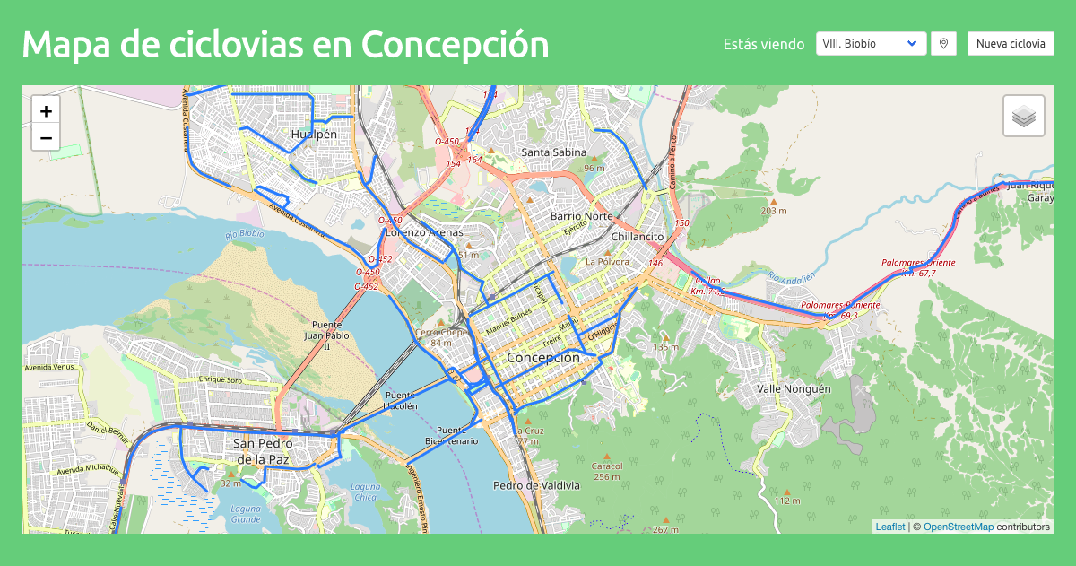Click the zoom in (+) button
tap(46, 110)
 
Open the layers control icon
tap(1024, 116)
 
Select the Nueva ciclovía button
tap(1011, 43)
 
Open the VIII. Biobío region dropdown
tap(871, 43)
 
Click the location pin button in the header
tap(942, 43)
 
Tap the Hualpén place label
tap(314, 135)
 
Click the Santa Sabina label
tap(553, 152)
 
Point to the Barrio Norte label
tap(581, 217)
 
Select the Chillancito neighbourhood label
tap(637, 237)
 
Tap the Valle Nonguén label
tap(794, 389)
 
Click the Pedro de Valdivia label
tap(536, 485)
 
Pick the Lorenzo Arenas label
tap(424, 232)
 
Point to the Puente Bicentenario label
tap(452, 435)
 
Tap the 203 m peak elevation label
tap(773, 211)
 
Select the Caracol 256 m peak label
tap(607, 471)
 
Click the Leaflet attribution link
tap(889, 527)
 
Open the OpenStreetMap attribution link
tap(958, 527)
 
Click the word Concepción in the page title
tap(455, 43)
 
